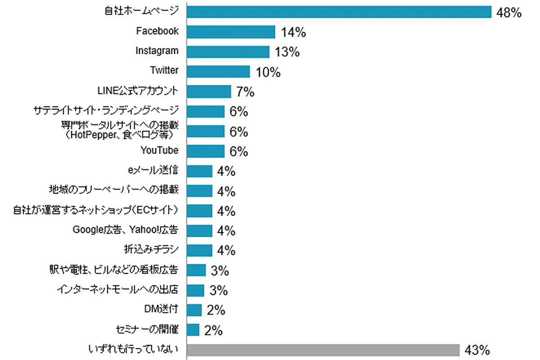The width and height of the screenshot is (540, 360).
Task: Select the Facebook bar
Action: click(230, 31)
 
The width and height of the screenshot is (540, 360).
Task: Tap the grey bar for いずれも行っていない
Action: click(323, 350)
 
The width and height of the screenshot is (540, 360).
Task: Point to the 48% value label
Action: click(508, 13)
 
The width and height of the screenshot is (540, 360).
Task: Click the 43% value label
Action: click(477, 350)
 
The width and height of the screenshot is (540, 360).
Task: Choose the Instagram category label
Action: click(157, 51)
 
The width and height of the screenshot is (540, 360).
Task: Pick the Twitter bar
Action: click(218, 71)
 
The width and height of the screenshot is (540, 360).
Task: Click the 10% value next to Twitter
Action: click(269, 72)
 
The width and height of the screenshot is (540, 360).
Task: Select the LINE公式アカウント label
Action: click(138, 90)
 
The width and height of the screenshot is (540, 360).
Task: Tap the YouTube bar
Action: click(205, 151)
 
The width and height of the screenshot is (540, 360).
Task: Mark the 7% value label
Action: click(245, 92)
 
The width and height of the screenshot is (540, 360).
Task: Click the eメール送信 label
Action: click(153, 170)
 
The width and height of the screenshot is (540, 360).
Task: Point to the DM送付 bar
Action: click(194, 310)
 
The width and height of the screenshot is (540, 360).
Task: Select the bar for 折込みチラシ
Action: click(199, 250)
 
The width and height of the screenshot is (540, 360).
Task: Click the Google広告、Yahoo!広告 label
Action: click(126, 230)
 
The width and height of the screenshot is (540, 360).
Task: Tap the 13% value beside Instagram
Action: click(288, 52)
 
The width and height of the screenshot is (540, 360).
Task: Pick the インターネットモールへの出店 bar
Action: click(195, 290)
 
